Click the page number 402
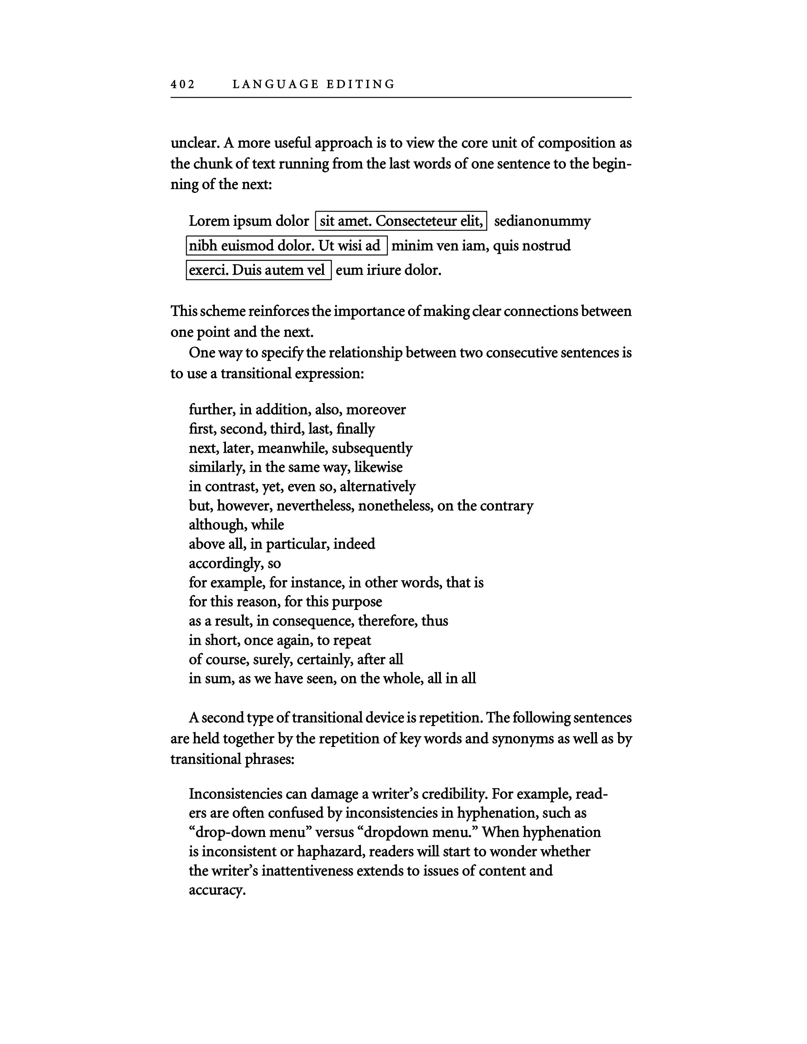pos(183,84)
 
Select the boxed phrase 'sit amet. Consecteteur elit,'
pos(401,221)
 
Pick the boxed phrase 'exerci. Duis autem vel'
pos(258,270)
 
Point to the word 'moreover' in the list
pos(376,410)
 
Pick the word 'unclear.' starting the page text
pos(195,143)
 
